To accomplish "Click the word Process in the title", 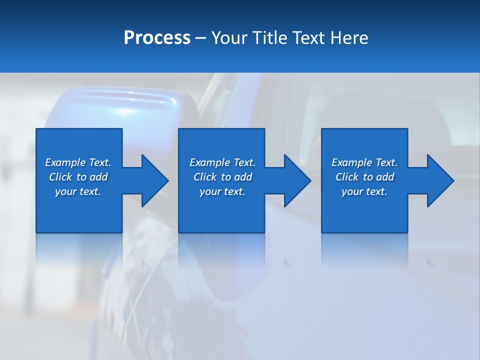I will point(157,38).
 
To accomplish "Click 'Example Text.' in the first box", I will point(78,162).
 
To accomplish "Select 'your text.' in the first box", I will point(78,191).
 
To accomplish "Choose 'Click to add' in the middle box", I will point(222,177).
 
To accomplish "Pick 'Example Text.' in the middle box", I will point(222,162).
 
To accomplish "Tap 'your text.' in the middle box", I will point(222,191).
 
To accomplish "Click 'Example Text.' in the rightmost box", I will point(364,162).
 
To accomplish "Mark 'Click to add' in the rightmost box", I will point(364,177).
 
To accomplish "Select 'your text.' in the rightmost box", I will point(364,191).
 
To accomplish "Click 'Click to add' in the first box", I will point(78,177).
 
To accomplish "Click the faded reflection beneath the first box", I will point(79,250).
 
